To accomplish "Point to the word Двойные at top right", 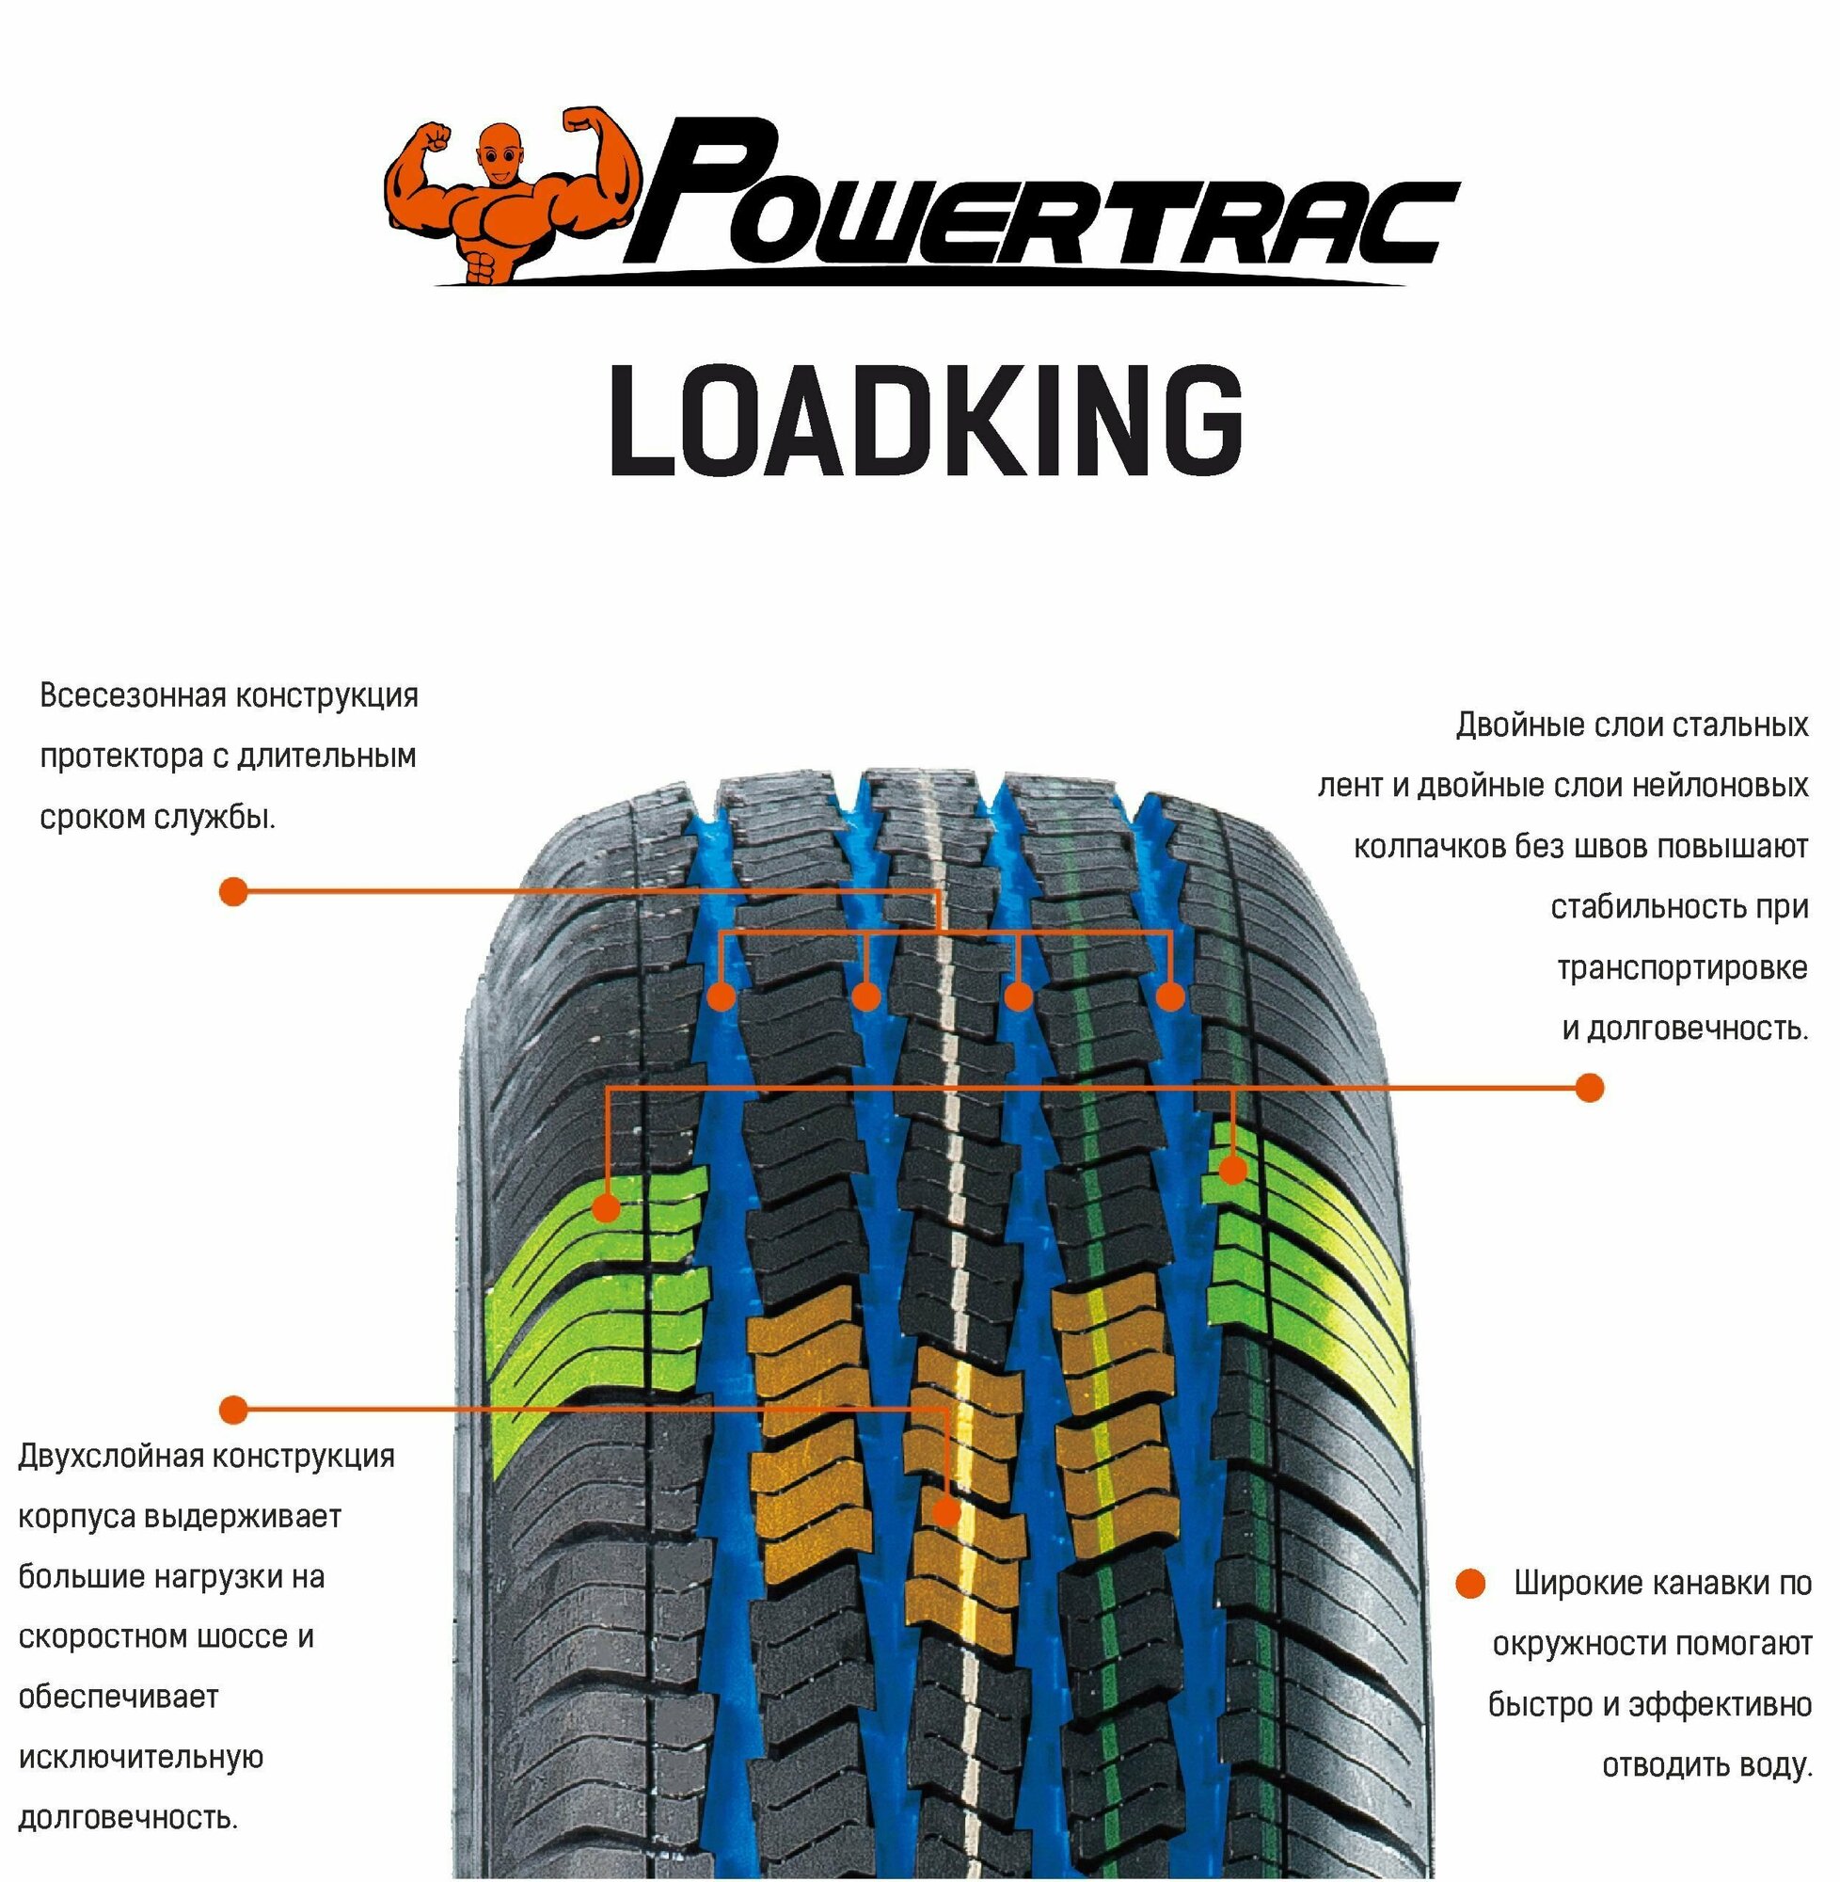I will pyautogui.click(x=1509, y=725).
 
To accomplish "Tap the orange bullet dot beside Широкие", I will pyautogui.click(x=1470, y=1584).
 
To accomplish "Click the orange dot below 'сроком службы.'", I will pyautogui.click(x=233, y=891).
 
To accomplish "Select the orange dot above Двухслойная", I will pyautogui.click(x=233, y=1410).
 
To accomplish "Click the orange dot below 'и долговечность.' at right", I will pyautogui.click(x=1589, y=1088).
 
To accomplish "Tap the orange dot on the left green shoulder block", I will pyautogui.click(x=606, y=1207).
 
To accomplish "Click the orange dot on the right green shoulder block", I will pyautogui.click(x=1232, y=1171).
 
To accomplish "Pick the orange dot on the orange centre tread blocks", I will pyautogui.click(x=947, y=1512).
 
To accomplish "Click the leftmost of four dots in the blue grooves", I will pyautogui.click(x=722, y=997).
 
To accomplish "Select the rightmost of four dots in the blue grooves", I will pyautogui.click(x=1169, y=997).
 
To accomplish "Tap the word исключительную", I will pyautogui.click(x=141, y=1757).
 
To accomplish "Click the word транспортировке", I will pyautogui.click(x=1682, y=967).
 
